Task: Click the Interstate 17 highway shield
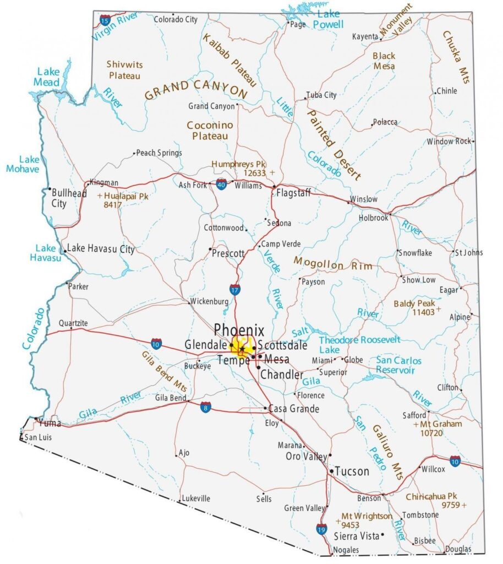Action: click(235, 290)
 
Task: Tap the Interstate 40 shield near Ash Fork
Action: click(221, 185)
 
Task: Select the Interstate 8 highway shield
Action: click(205, 408)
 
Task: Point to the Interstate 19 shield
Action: click(321, 529)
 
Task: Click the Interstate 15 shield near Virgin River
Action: click(105, 20)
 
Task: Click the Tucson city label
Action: click(352, 471)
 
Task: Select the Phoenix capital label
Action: click(239, 330)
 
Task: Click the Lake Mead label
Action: click(48, 77)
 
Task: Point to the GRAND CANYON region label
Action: click(196, 90)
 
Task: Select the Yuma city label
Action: click(50, 423)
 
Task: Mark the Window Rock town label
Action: click(449, 142)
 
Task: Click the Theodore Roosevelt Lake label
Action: click(359, 345)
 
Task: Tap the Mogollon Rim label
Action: click(332, 263)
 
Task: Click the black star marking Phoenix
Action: click(242, 349)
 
